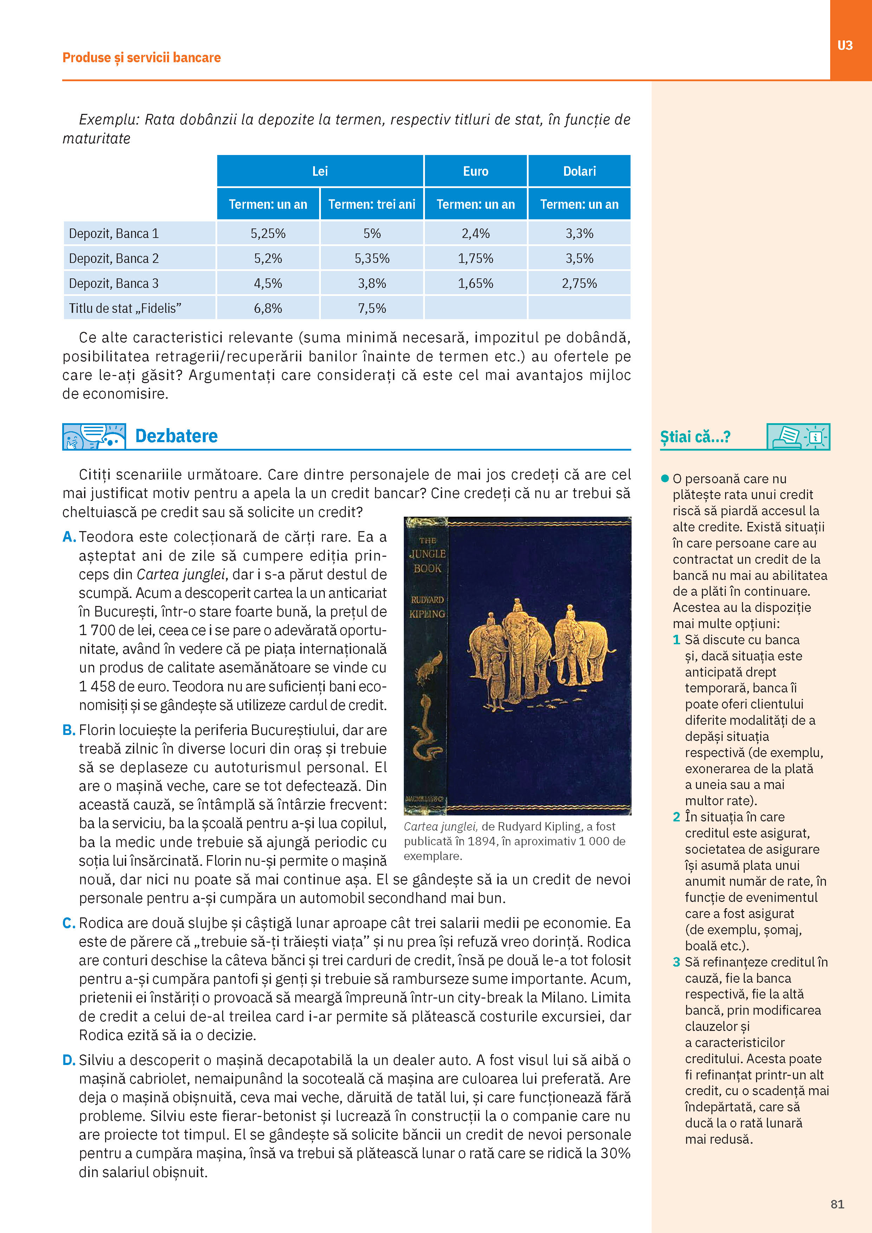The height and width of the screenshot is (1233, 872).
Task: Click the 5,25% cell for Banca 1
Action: click(268, 234)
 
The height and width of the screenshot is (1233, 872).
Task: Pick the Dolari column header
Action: click(579, 171)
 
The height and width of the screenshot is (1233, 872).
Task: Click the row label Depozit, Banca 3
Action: click(114, 284)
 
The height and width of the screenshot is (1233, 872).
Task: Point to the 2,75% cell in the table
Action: click(579, 284)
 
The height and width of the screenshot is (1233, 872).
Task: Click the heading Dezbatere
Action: click(176, 436)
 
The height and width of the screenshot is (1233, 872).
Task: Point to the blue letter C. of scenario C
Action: click(69, 923)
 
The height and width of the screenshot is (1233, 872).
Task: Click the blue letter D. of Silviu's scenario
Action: click(69, 1060)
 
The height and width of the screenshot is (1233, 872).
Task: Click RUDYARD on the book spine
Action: click(427, 600)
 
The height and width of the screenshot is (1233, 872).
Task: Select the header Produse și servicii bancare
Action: click(142, 57)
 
